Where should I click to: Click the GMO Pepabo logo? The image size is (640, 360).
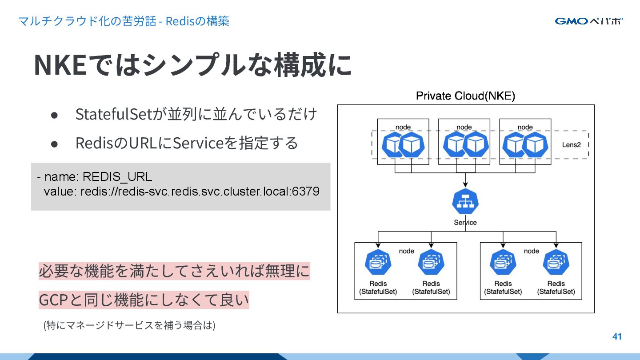[588, 21]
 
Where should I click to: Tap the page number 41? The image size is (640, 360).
[617, 336]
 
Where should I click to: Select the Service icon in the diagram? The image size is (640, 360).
[465, 202]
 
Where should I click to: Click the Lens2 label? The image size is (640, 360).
[572, 145]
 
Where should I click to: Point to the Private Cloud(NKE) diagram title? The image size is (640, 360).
[465, 96]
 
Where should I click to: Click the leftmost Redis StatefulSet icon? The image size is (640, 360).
[378, 263]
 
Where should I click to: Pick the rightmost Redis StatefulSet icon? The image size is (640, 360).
[556, 263]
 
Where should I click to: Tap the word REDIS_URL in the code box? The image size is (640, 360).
[117, 176]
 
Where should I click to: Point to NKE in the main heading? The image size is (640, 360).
[60, 65]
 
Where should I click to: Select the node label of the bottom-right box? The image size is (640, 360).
[531, 251]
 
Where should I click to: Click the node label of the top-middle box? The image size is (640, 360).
[464, 127]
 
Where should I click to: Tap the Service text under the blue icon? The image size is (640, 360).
[465, 222]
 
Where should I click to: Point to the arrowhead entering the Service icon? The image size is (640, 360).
[465, 185]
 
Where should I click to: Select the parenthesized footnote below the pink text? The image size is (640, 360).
[129, 325]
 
